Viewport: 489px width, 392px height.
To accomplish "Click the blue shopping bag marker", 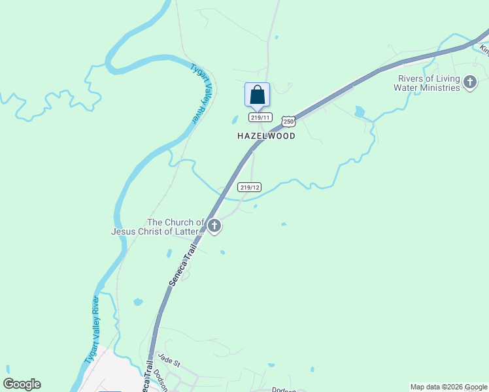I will pyautogui.click(x=258, y=95).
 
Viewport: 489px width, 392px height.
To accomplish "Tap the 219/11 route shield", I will pyautogui.click(x=260, y=117).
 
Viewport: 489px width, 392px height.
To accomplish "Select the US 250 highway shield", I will pyautogui.click(x=288, y=122).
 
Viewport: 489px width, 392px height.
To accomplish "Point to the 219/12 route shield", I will pyautogui.click(x=250, y=187).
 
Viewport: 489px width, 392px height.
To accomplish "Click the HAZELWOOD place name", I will pyautogui.click(x=266, y=136).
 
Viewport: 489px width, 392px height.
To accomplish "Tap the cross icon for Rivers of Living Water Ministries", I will pyautogui.click(x=469, y=83).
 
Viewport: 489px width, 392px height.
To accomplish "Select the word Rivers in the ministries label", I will pyautogui.click(x=412, y=78).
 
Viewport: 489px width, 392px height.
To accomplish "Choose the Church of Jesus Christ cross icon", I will pyautogui.click(x=214, y=227).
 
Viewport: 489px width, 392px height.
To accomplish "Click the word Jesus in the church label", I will pyautogui.click(x=125, y=231).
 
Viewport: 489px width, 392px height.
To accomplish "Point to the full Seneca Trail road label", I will pyautogui.click(x=184, y=265).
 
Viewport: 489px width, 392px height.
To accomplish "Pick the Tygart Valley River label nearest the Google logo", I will pyautogui.click(x=91, y=331).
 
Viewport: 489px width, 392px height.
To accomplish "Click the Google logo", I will pyautogui.click(x=22, y=384).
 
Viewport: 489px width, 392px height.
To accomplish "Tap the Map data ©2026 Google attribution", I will pyautogui.click(x=448, y=387).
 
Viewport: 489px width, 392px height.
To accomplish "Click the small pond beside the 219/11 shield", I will pyautogui.click(x=235, y=120).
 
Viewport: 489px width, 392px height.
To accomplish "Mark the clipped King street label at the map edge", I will pyautogui.click(x=484, y=48).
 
